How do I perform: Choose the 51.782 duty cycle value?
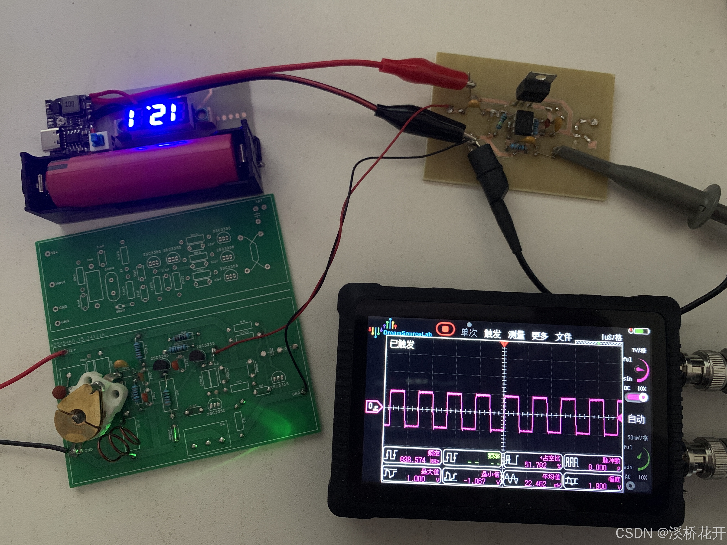(x=536, y=464)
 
